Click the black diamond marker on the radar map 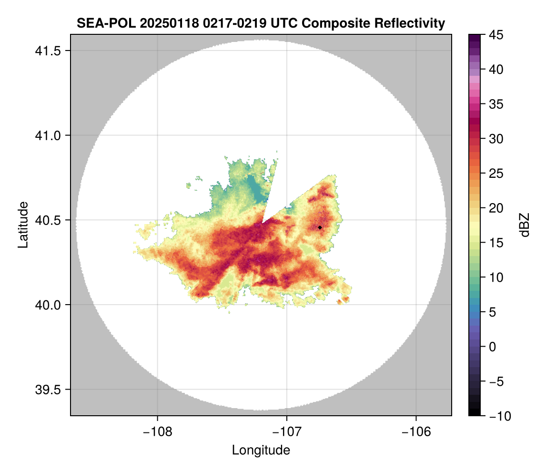pos(320,227)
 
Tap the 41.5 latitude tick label pos(46,51)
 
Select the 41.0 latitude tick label pos(46,135)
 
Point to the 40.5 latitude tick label pos(46,220)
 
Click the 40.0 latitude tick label pos(46,305)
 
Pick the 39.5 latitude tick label pos(46,389)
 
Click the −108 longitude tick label pos(157,431)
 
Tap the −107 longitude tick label pos(287,431)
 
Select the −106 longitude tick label pos(416,431)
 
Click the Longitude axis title pos(261,450)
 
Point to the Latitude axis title pos(23,225)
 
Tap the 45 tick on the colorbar pos(495,35)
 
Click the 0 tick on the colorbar pos(493,347)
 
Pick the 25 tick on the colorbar pos(495,174)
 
